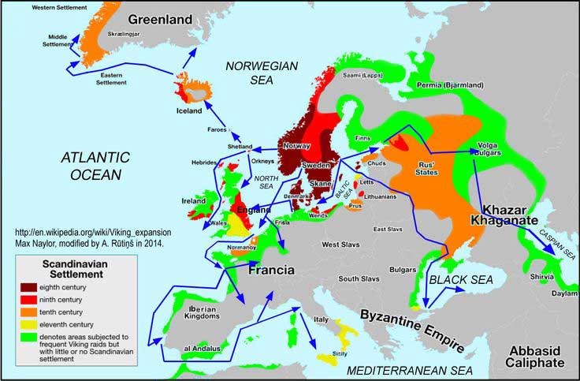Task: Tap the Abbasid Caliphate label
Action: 536,357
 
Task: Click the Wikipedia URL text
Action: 93,234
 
